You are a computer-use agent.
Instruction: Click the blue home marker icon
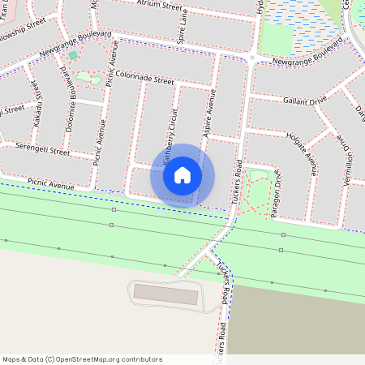[182, 174]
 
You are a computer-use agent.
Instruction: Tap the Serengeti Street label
[37, 148]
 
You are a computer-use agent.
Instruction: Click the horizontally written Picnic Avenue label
[50, 184]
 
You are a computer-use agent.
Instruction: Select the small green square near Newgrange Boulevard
[73, 55]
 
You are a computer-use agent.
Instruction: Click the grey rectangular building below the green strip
[165, 294]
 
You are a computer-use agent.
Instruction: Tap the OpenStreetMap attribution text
[82, 359]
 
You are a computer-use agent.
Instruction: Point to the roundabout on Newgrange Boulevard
[254, 57]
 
